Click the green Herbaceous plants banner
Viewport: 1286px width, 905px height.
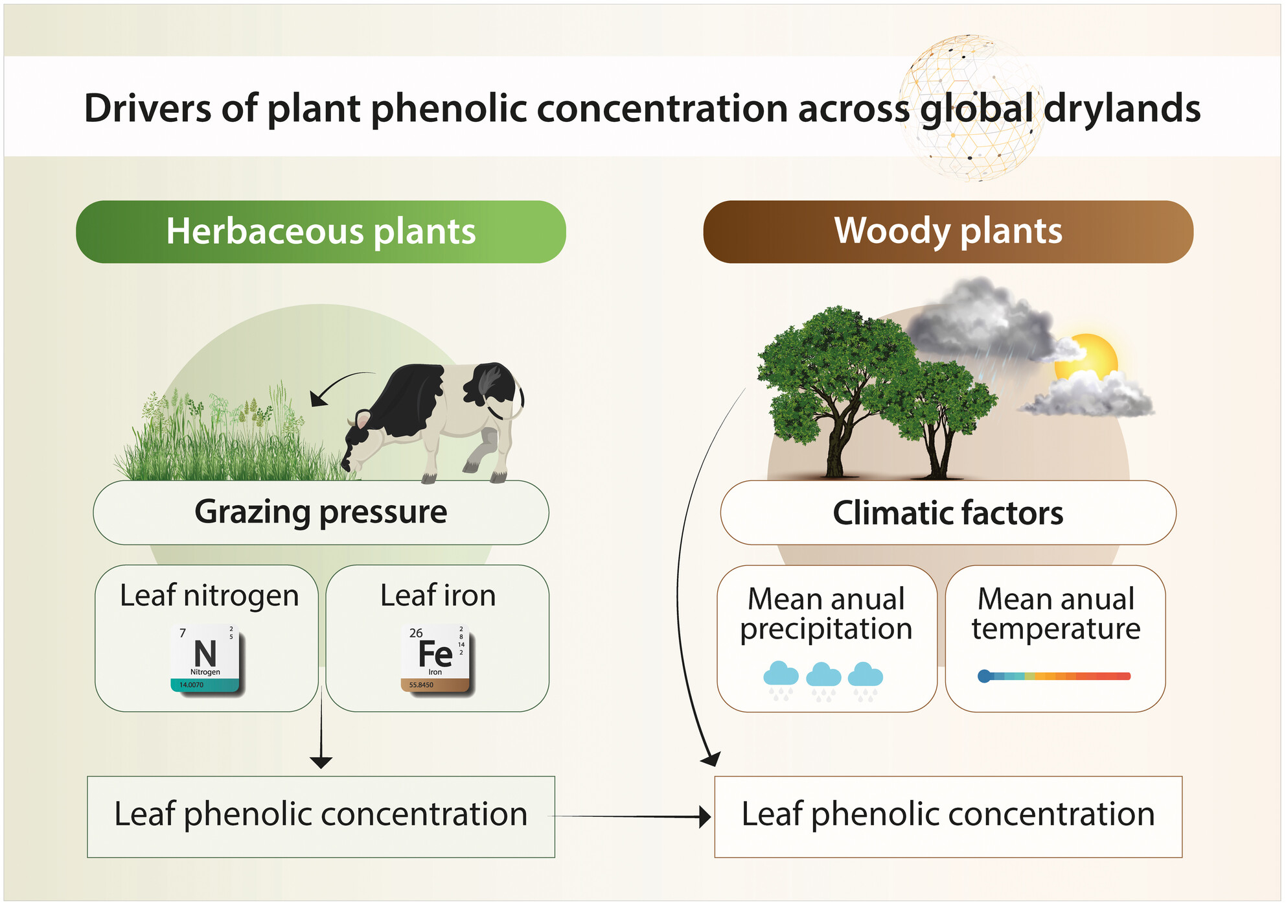pyautogui.click(x=321, y=231)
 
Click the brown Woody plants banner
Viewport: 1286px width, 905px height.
pyautogui.click(x=948, y=231)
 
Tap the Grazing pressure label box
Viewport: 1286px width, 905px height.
pyautogui.click(x=321, y=512)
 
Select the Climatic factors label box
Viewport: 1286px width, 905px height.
pyautogui.click(x=948, y=512)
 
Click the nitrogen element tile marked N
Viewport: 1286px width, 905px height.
pyautogui.click(x=205, y=658)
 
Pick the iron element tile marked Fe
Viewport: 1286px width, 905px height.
pyautogui.click(x=435, y=658)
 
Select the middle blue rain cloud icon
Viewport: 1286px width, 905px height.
pyautogui.click(x=823, y=676)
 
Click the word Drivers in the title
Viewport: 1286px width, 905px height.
pyautogui.click(x=147, y=108)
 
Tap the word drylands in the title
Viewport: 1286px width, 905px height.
pyautogui.click(x=1122, y=108)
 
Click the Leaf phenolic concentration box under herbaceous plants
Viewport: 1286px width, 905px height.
pyautogui.click(x=321, y=816)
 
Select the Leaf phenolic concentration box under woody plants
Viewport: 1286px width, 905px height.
pyautogui.click(x=948, y=816)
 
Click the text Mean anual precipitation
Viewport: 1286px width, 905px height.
pyautogui.click(x=826, y=613)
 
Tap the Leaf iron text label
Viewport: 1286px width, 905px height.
pyautogui.click(x=438, y=595)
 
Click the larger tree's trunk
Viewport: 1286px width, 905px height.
pyautogui.click(x=836, y=447)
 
